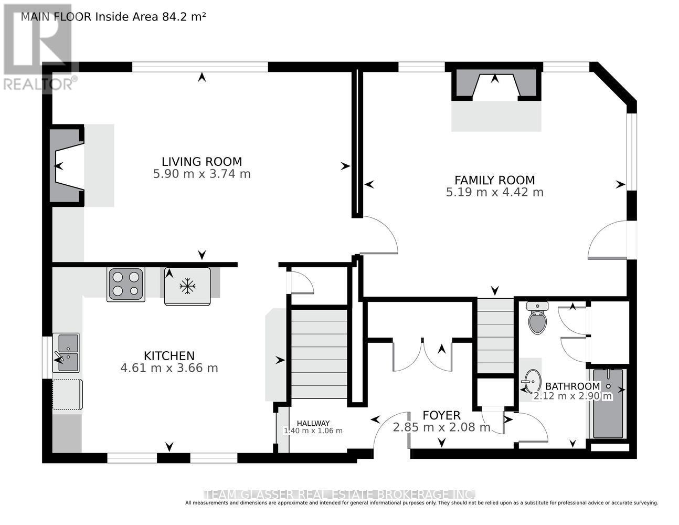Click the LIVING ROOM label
coord(201,162)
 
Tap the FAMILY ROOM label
coord(494,180)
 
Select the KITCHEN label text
coord(169,355)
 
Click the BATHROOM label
coord(572,386)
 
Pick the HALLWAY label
coord(313,423)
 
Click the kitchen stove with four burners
coord(126,284)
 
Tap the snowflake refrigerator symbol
coord(187,286)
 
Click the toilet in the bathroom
coord(537,319)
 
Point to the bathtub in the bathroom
coord(608,403)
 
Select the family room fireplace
coord(496,84)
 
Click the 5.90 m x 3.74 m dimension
coord(201,174)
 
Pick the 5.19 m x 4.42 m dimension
coord(494,192)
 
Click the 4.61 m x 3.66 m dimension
coord(169,368)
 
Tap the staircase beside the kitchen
coord(319,354)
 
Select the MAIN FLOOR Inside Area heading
coord(113,16)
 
